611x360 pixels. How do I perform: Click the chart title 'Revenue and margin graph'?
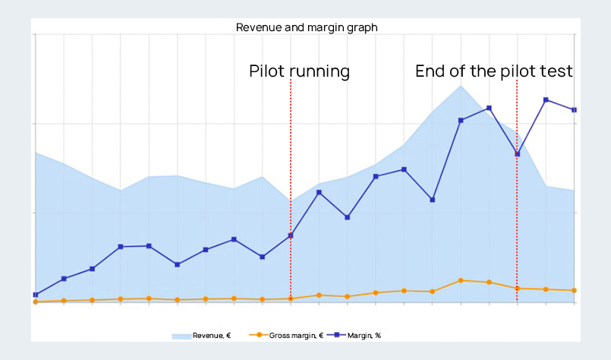[x=307, y=27]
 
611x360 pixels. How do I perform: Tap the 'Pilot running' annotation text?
[x=299, y=71]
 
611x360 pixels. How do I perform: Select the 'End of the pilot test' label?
[x=493, y=71]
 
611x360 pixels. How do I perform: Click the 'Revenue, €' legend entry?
[x=202, y=335]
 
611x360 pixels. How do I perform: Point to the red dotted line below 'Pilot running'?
[x=291, y=152]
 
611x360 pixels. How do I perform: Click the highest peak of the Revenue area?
[x=461, y=85]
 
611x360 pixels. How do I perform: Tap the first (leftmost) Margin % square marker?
[x=36, y=295]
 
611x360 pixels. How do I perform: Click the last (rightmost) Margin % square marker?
[x=574, y=110]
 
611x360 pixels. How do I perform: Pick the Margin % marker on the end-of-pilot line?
[x=517, y=154]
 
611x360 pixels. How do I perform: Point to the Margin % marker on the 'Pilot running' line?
[x=291, y=235]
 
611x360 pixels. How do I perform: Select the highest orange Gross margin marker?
[x=461, y=280]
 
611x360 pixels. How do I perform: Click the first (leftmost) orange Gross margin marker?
[x=36, y=302]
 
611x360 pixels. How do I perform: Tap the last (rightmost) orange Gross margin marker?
[x=574, y=290]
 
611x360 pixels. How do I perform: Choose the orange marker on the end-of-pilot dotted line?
[x=517, y=288]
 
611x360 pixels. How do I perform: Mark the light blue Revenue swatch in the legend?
[x=181, y=335]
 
